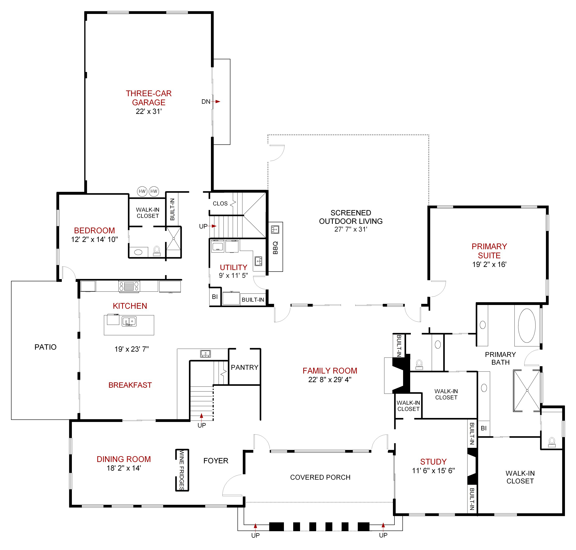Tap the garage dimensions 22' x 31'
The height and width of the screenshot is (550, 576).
coord(148,111)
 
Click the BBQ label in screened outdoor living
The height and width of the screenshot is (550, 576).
coord(275,248)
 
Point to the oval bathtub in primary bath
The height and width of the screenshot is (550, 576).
coord(526,326)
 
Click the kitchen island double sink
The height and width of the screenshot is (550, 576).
coord(129,321)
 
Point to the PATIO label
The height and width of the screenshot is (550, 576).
coord(45,347)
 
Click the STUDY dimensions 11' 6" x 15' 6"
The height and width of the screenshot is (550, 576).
coord(433,471)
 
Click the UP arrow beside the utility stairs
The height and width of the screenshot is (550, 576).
coord(214,226)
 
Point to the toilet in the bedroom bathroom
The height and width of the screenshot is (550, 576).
coord(157,251)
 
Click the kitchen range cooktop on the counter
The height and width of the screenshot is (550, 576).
coord(129,286)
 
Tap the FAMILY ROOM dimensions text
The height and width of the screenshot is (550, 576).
coord(329,380)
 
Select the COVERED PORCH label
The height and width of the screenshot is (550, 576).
coord(320,477)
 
